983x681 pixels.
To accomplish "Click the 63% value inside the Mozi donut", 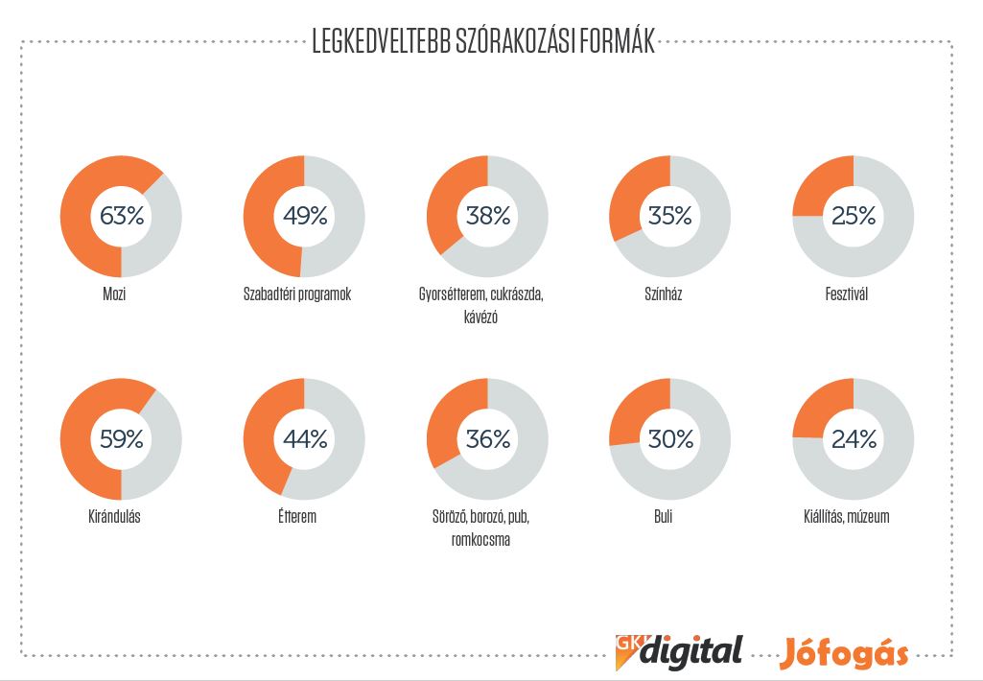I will (121, 216).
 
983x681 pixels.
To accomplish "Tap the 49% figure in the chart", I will (304, 216).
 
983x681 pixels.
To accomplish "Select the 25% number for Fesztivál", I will (854, 216).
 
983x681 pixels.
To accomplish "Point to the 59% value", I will (121, 439).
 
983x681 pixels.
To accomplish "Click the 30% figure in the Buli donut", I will (670, 439).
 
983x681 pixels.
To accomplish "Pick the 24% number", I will (854, 439).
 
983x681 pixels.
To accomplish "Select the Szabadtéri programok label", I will (297, 294).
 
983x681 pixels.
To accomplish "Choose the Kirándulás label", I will (114, 517).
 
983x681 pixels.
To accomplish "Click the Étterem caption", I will (297, 517).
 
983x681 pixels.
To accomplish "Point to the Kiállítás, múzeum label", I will (846, 517).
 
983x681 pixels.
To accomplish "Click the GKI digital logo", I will (679, 651).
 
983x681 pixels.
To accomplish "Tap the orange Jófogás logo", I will (843, 652).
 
